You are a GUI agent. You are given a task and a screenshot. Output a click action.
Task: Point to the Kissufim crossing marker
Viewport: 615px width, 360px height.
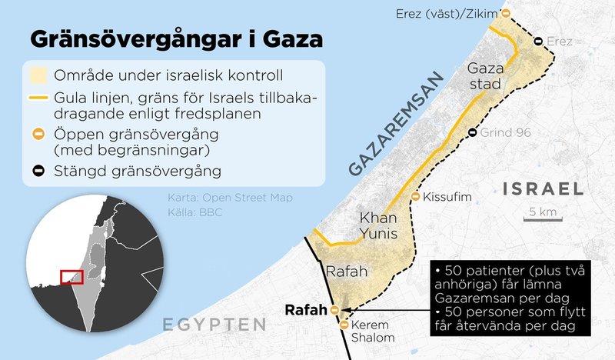(x=416, y=198)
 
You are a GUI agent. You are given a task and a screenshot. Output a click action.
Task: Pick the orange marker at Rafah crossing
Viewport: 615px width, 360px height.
(x=334, y=310)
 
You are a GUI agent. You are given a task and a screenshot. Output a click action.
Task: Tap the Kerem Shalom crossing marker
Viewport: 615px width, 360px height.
(x=345, y=324)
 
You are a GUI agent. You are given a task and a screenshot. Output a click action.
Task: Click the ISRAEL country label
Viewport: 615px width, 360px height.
(x=542, y=188)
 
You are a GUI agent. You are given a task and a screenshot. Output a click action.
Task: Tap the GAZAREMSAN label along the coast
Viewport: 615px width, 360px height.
(x=397, y=127)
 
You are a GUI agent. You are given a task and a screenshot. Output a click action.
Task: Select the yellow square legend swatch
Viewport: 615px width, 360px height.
(x=37, y=75)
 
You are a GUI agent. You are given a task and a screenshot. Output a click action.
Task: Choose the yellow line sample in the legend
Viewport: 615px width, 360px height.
(x=38, y=98)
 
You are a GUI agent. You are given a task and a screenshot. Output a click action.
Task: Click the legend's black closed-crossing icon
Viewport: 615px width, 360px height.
(x=38, y=167)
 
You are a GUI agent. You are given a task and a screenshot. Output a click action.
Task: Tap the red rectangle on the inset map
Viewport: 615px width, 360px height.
(x=71, y=276)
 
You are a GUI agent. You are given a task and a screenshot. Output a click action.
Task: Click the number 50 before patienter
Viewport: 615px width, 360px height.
(x=447, y=274)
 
